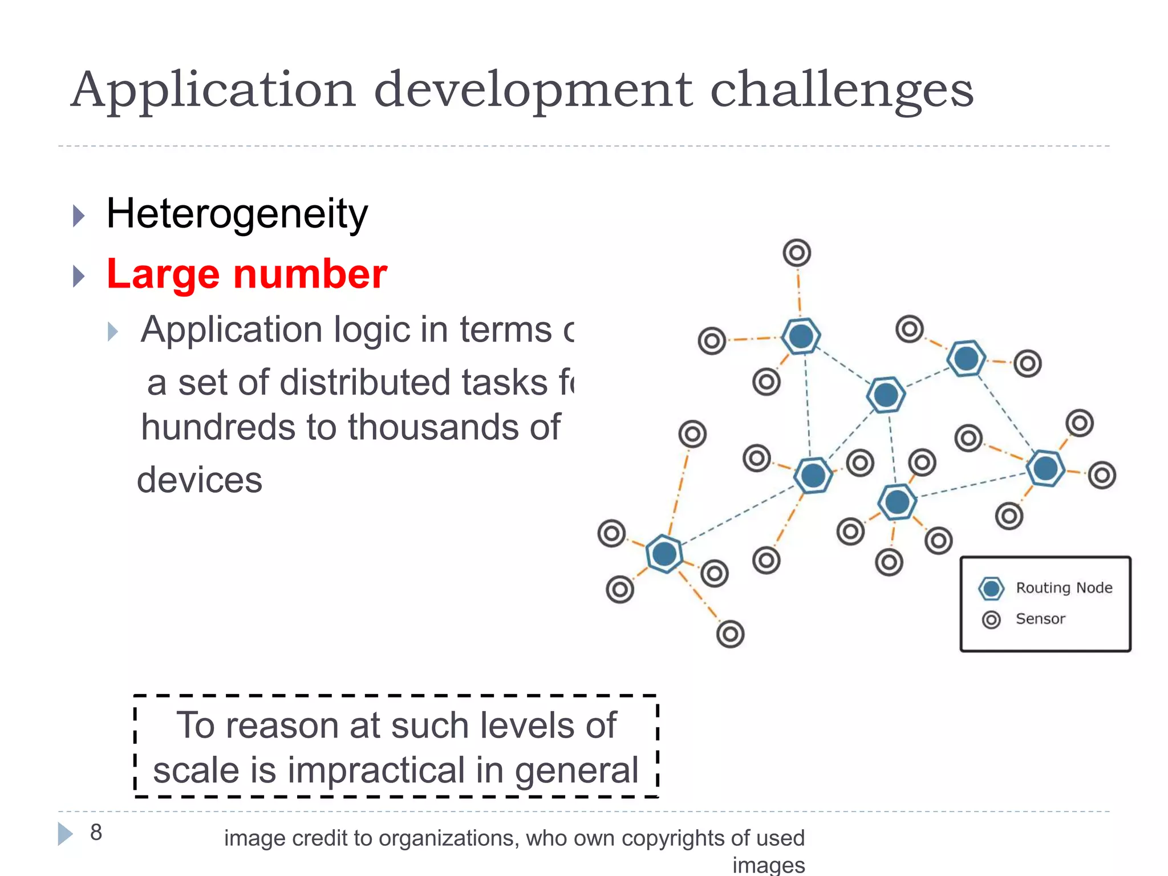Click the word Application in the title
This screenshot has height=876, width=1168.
click(213, 90)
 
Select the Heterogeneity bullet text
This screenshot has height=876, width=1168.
click(237, 214)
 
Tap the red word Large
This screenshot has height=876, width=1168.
click(163, 274)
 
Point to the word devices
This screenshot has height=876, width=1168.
click(200, 480)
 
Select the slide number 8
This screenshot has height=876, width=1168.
click(96, 833)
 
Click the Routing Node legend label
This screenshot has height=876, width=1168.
click(1064, 588)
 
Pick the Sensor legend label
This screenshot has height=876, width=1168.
click(1040, 619)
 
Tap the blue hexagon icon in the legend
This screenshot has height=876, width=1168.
click(991, 589)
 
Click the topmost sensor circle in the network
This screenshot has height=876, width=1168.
click(797, 253)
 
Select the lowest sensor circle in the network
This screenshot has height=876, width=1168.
click(730, 634)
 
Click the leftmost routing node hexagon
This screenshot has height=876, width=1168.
click(664, 554)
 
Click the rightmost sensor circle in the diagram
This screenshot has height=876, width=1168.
click(1102, 475)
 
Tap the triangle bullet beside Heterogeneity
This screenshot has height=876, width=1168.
click(79, 216)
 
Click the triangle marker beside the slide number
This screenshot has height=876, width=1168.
click(65, 834)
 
